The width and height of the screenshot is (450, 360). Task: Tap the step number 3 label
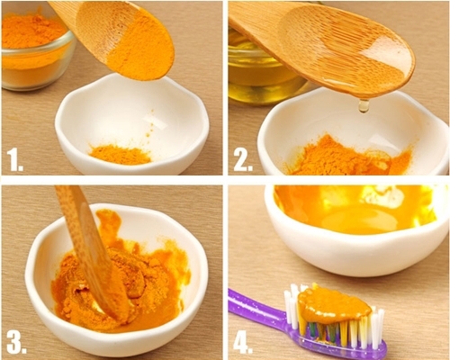pyautogui.click(x=16, y=341)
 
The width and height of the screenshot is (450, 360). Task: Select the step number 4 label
pyautogui.click(x=243, y=341)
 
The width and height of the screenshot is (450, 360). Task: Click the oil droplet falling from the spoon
pyautogui.click(x=364, y=106)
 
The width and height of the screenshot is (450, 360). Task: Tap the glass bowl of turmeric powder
pyautogui.click(x=35, y=51)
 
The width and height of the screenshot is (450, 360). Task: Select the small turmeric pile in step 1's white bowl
pyautogui.click(x=120, y=155)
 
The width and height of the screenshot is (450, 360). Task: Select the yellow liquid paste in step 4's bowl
pyautogui.click(x=354, y=210)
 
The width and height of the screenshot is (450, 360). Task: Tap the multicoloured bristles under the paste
pyautogui.click(x=327, y=330)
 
